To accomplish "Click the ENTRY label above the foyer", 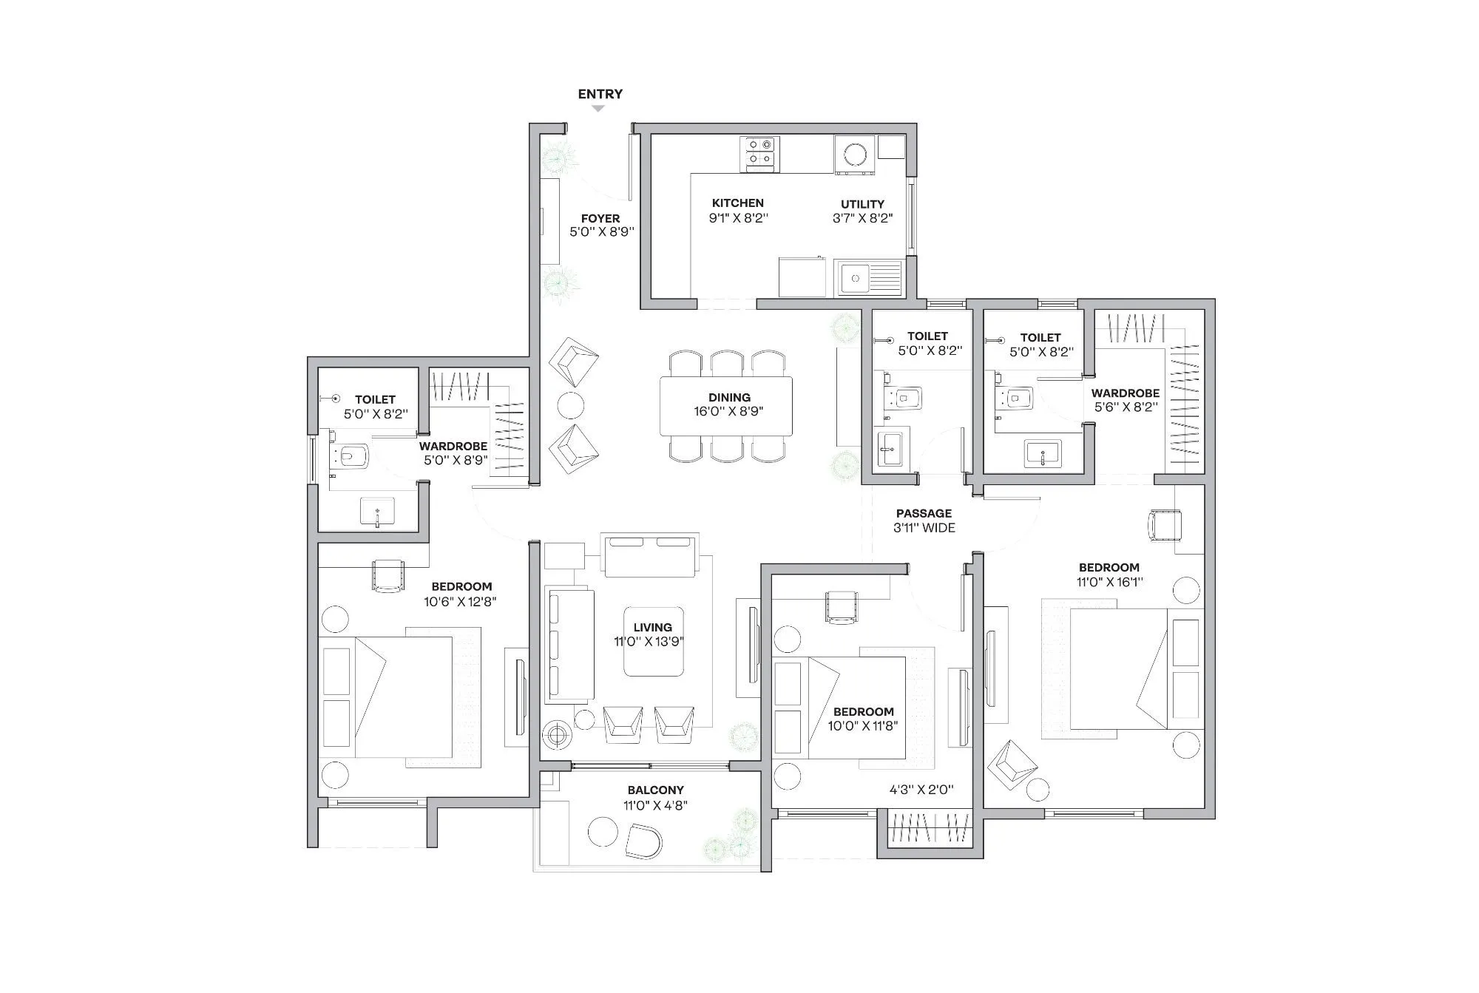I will [x=600, y=94].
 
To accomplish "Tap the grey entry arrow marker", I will [x=598, y=109].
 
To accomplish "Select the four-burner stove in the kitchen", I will [x=760, y=153].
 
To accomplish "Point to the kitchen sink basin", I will [x=855, y=278].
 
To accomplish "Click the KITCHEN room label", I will [x=737, y=203].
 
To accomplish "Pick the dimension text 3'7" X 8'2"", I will [x=862, y=218].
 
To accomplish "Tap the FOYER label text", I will [x=600, y=218].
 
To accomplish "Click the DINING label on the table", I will [x=729, y=398].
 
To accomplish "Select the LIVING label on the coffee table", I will [x=652, y=627].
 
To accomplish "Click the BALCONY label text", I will [x=655, y=790].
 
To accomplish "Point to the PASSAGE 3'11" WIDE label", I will [x=924, y=521].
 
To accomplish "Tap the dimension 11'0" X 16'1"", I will [x=1109, y=582].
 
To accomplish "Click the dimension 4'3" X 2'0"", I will [x=921, y=790].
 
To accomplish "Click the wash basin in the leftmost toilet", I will [x=377, y=511].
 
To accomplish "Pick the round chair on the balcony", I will [x=643, y=841].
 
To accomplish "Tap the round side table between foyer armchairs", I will [x=570, y=404].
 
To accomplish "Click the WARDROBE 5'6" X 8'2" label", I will [x=1125, y=400].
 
